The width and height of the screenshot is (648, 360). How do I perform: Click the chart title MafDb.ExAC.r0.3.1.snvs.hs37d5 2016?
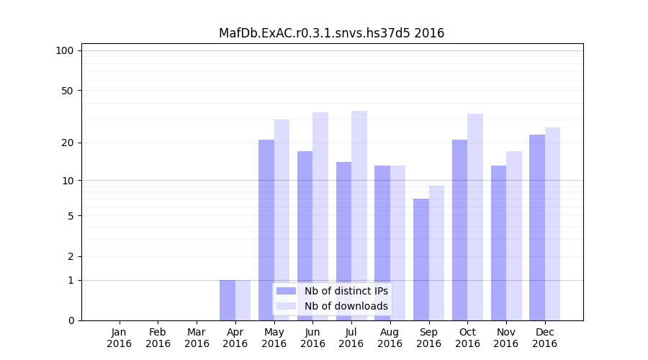331,33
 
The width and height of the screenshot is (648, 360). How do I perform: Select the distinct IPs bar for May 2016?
266,230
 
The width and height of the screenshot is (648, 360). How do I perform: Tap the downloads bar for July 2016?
359,216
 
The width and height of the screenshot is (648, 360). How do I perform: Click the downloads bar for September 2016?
436,253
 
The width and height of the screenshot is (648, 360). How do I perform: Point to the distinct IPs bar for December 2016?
537,228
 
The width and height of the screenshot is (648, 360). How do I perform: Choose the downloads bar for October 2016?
475,217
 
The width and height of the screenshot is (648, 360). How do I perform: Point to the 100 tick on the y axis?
65,50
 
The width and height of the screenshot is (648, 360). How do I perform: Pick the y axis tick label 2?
71,256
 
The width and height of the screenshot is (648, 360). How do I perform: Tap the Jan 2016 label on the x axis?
120,338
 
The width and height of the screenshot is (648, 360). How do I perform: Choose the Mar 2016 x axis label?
197,338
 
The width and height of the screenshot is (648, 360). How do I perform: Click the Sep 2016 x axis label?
428,338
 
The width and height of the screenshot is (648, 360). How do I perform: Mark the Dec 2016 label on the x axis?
544,338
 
